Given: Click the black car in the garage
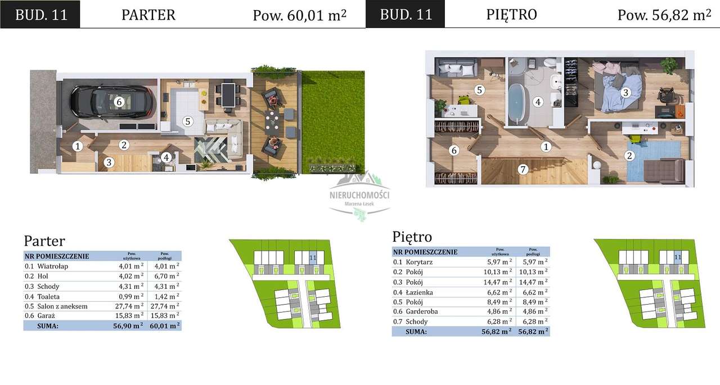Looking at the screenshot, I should point(110,102).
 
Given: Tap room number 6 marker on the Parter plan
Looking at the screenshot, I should point(118,102).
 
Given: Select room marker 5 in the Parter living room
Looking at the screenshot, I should point(188,121).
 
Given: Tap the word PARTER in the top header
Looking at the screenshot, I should point(148,15).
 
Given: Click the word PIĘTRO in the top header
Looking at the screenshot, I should point(511,15).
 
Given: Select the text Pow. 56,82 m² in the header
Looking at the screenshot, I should point(664,15).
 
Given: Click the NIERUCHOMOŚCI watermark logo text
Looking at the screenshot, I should point(359,195).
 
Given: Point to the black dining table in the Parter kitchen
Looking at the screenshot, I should point(228,95).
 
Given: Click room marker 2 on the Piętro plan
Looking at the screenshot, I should point(630,156).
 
